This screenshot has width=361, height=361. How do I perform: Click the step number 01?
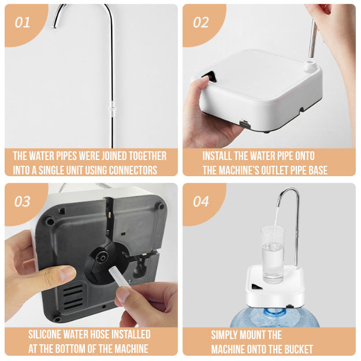[23, 23]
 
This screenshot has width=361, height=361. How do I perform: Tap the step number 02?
[201, 23]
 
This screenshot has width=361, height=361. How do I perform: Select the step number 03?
[23, 202]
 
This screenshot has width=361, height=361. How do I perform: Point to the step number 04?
[201, 202]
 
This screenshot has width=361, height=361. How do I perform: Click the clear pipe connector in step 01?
[113, 109]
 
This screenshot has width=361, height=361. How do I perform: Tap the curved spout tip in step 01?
[55, 27]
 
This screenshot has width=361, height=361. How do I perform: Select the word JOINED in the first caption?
[115, 156]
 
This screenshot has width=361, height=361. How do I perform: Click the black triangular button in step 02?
[210, 76]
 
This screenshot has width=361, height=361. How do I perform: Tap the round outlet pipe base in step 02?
[310, 65]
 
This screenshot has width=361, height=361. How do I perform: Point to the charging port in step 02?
[245, 123]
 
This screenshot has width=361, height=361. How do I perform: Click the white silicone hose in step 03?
[119, 278]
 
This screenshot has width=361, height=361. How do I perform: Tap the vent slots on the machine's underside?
[73, 297]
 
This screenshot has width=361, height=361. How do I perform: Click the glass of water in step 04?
[273, 255]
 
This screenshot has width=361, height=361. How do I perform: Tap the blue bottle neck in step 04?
[275, 314]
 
